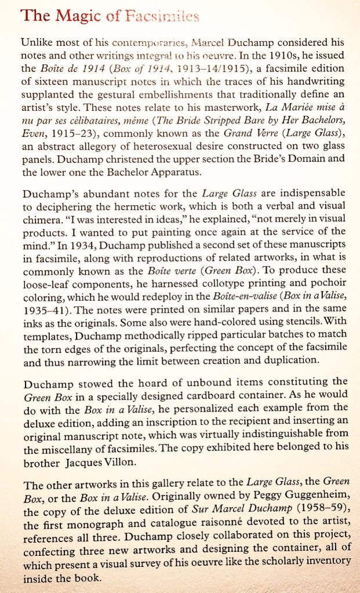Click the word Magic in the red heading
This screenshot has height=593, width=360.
pyautogui.click(x=75, y=16)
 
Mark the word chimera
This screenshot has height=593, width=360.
pyautogui.click(x=39, y=221)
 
